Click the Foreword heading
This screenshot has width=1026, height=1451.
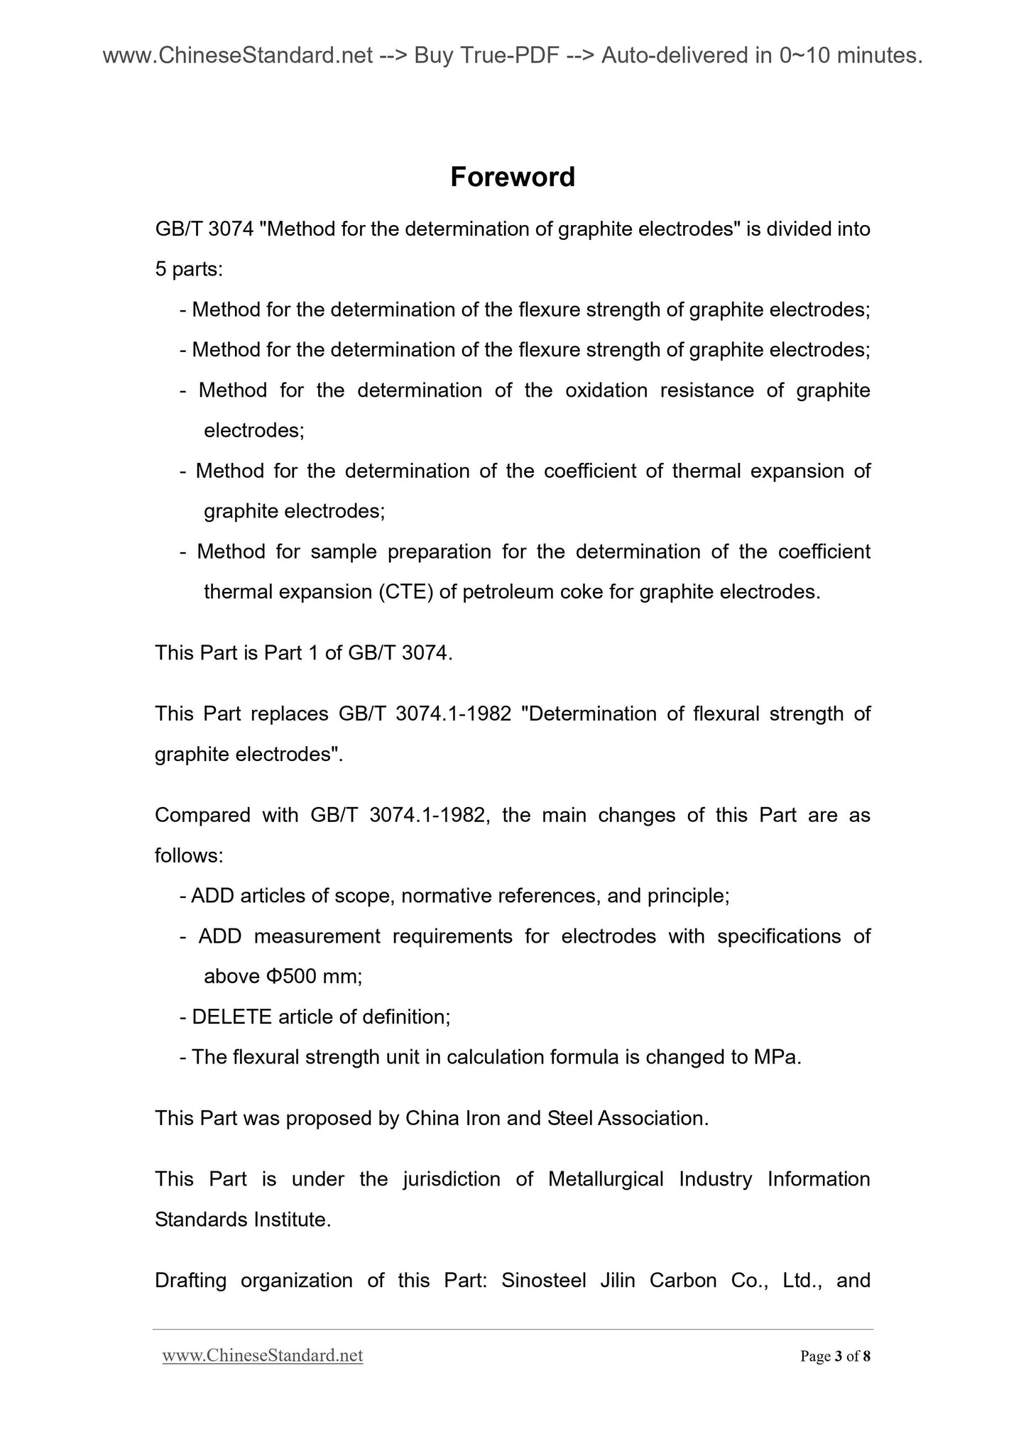pos(513,177)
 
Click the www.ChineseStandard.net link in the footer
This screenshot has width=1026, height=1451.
pos(263,1356)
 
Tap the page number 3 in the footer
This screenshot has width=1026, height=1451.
pos(839,1357)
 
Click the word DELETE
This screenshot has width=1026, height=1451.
pos(232,1017)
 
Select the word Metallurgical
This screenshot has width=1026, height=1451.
pos(606,1179)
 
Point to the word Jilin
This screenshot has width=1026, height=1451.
pos(618,1281)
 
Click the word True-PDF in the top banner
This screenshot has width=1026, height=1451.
pos(508,55)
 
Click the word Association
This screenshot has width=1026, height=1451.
pos(653,1119)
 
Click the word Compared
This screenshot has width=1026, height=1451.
pos(202,815)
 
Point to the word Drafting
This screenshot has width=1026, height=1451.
pos(190,1281)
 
